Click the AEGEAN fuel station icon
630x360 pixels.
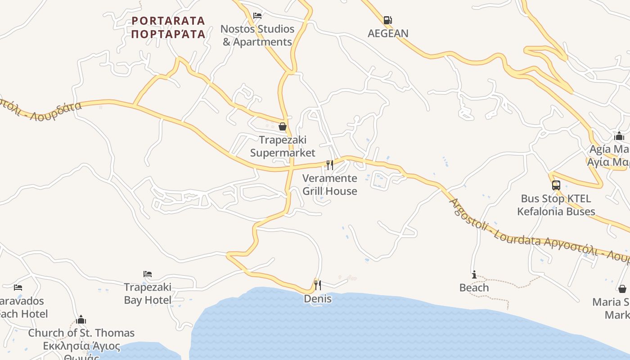click(x=387, y=20)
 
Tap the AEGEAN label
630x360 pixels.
click(x=388, y=33)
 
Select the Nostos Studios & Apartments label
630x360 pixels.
click(x=257, y=36)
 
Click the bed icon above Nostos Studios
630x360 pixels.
click(x=257, y=16)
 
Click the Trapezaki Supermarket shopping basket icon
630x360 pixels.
click(x=283, y=126)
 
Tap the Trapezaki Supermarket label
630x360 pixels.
click(x=283, y=146)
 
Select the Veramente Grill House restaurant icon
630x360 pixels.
click(x=330, y=165)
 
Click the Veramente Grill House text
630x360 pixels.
click(x=330, y=184)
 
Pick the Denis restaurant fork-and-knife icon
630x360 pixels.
click(x=318, y=285)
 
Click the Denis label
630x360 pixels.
click(x=318, y=299)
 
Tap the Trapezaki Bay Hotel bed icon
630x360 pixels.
click(x=148, y=274)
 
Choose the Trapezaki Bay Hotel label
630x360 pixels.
click(x=148, y=293)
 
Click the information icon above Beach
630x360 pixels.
click(x=474, y=274)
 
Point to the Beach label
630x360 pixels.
click(x=474, y=288)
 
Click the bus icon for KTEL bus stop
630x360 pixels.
click(x=556, y=185)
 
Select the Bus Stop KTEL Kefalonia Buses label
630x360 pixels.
click(x=556, y=205)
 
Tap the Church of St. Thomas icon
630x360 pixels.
click(x=81, y=319)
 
